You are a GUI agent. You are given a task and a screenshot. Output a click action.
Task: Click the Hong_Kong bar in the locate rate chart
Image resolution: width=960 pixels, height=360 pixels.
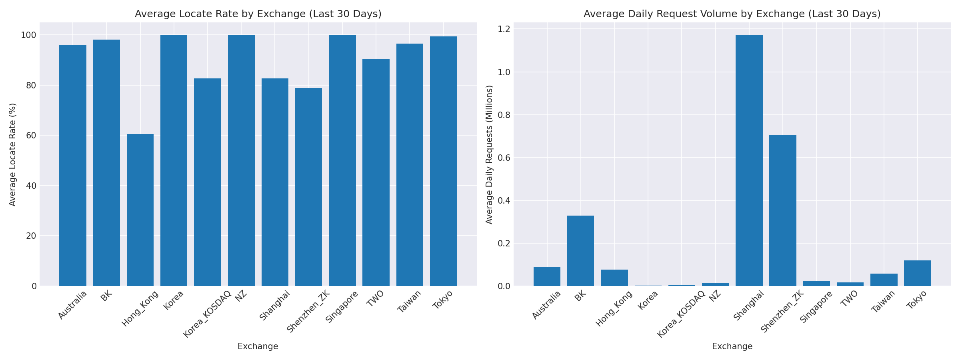coord(140,210)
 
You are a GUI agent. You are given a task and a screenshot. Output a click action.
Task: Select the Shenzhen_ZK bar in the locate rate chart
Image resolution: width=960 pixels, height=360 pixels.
coord(308,187)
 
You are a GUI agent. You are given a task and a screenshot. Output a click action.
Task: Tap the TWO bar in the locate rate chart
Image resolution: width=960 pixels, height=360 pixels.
coord(376,172)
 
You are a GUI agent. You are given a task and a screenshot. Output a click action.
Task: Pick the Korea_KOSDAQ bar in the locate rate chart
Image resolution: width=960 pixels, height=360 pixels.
coord(207,182)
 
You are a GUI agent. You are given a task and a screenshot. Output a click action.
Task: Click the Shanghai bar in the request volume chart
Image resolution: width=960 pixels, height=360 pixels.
coord(749,160)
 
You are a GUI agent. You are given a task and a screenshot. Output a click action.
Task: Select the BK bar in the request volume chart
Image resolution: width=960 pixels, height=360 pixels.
coord(580,251)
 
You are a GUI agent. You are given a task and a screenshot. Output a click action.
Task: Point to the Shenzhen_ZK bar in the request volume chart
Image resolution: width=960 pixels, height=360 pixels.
coord(782,210)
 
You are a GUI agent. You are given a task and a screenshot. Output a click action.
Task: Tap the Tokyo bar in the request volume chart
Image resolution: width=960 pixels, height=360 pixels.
coord(917,273)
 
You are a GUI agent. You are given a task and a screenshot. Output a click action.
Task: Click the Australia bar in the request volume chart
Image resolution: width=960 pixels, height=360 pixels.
coord(547,276)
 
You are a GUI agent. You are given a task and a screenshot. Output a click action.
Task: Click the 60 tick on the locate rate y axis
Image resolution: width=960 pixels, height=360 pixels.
coord(31,136)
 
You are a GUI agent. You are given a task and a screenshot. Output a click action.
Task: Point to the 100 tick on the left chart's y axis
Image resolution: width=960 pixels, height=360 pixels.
coord(28,35)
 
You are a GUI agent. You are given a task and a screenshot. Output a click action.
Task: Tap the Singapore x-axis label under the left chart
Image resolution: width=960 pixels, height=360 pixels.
coord(342,307)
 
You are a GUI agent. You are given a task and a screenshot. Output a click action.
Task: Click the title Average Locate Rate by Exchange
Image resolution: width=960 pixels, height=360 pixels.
coord(258,14)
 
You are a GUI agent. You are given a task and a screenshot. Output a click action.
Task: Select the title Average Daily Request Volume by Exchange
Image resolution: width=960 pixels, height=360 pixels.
coord(732,14)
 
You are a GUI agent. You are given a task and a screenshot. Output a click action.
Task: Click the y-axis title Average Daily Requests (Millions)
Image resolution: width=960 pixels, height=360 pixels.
coord(490,154)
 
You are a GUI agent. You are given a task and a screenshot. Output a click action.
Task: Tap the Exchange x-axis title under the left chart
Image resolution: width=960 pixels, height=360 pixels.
coord(258,346)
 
